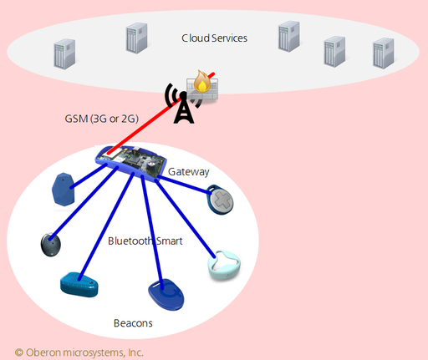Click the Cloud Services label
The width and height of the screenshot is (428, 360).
coord(214,38)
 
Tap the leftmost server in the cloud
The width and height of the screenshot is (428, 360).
coord(64,54)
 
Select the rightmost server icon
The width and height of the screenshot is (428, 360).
coord(384,53)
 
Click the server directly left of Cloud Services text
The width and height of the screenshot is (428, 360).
coord(136,38)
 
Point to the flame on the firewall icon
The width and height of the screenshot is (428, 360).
coord(202,81)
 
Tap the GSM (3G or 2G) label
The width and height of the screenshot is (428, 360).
coord(102,119)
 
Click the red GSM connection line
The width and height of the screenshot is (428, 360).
coord(160,114)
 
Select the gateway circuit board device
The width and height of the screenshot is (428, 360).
coord(131,163)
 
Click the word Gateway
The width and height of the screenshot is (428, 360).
coord(189,172)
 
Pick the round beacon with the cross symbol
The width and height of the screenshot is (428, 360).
coord(220,200)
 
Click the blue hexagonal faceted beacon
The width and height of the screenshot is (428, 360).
coord(64,190)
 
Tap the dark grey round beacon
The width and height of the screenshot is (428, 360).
coord(51,245)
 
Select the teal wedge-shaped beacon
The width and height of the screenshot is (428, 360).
coord(79,285)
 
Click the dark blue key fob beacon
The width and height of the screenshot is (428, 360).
coord(166,294)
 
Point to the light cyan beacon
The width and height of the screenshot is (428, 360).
coord(224,265)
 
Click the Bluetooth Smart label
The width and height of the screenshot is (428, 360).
coord(145,241)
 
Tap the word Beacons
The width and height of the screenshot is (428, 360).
coord(133,323)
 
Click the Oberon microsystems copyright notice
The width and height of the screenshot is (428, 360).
coord(79,352)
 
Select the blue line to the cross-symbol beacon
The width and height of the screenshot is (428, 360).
coord(183,185)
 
